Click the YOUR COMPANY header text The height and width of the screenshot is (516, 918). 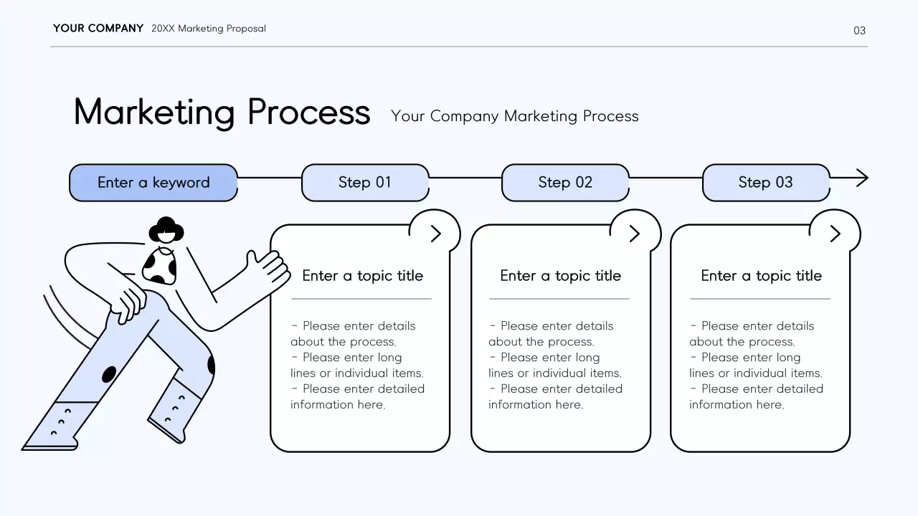[x=98, y=29]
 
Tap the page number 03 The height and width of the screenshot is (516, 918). [x=859, y=31]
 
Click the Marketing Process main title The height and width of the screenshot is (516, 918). [x=222, y=113]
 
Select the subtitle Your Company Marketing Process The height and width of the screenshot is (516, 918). [x=514, y=116]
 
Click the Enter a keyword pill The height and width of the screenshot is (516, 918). [x=153, y=183]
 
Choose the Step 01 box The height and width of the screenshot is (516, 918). [x=365, y=183]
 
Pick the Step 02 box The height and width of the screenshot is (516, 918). [x=565, y=183]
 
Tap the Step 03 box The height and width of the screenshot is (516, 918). [x=765, y=183]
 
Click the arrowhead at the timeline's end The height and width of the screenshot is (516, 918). [x=862, y=178]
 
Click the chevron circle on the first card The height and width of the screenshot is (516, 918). [x=435, y=234]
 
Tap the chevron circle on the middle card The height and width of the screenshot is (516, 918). [x=634, y=234]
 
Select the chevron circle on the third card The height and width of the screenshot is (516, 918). [x=835, y=234]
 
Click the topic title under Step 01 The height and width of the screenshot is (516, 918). [x=362, y=276]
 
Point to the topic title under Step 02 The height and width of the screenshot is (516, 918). [x=560, y=276]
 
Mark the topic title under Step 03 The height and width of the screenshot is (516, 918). [x=761, y=276]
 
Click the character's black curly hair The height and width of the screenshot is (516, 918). [x=166, y=227]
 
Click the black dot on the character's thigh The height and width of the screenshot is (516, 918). [x=109, y=374]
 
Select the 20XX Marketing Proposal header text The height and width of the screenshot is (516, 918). [x=209, y=29]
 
